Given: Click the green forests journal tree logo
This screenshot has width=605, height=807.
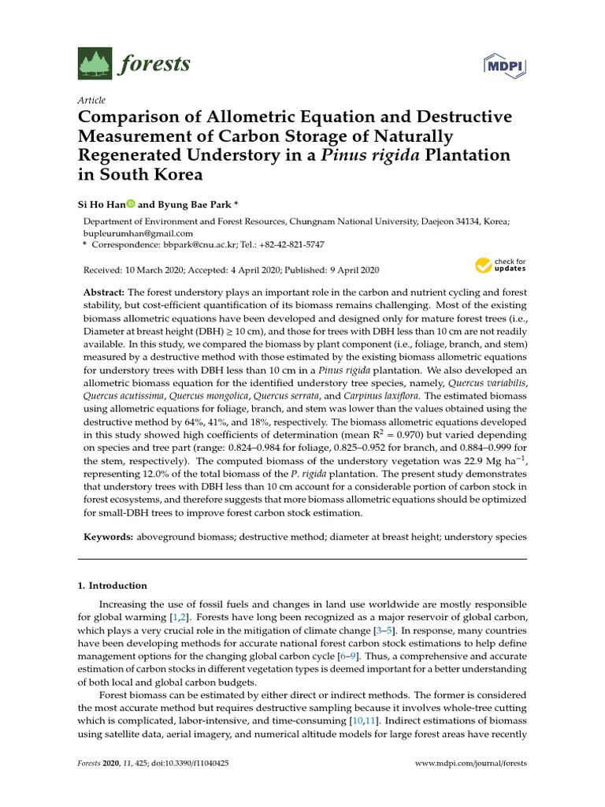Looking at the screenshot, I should pos(95,64).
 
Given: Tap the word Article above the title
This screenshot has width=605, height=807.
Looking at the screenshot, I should pos(91,100).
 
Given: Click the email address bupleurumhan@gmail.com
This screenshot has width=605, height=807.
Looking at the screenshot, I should pos(138,233).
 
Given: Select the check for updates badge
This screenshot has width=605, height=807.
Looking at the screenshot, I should pos(499,266).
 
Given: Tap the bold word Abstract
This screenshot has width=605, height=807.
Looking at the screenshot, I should pos(105,292).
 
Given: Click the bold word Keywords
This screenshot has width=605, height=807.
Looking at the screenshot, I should pos(109,536).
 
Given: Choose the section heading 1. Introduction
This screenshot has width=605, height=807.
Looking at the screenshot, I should pos(112,586).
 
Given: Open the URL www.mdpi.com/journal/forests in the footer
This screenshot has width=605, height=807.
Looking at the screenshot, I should pos(470,764).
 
